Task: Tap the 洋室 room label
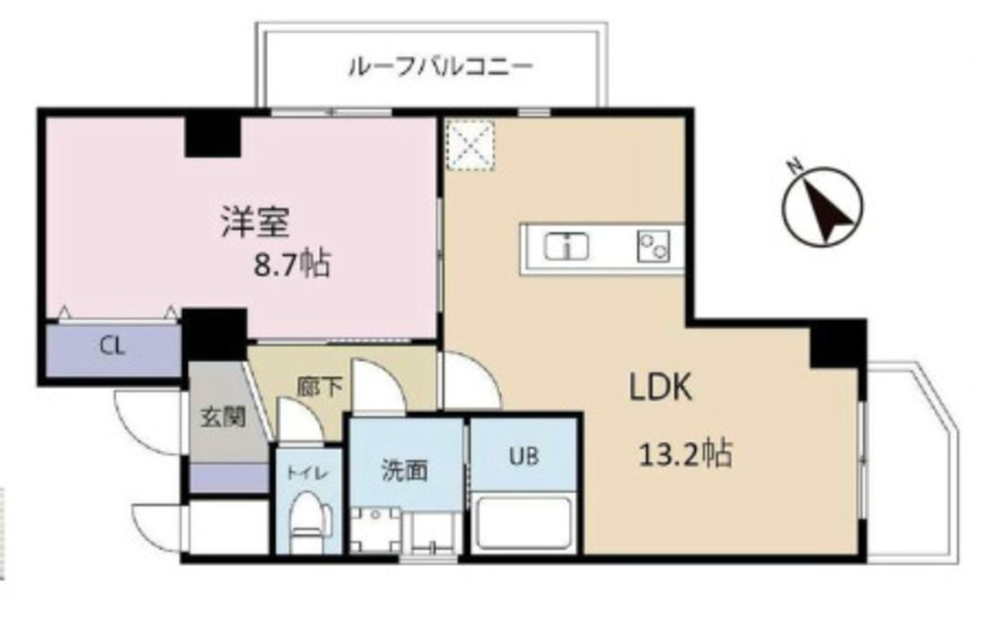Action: point(253,223)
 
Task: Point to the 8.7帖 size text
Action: point(291,261)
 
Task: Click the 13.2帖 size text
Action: point(685,452)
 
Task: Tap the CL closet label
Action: point(112,347)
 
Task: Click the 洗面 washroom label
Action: point(404,470)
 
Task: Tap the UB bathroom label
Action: point(522,456)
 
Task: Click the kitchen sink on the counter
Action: point(567,247)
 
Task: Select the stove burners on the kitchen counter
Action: point(653,247)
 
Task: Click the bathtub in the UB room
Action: point(523,523)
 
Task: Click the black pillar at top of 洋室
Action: point(212,133)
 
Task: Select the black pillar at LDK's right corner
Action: point(836,344)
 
